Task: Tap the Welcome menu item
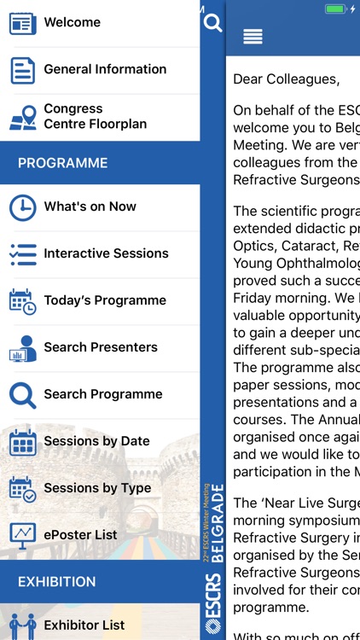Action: (72, 22)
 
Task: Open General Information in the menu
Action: (104, 69)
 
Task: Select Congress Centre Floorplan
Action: (95, 116)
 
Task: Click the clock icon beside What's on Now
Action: (23, 207)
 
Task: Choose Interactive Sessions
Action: (106, 253)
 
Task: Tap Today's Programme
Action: (104, 300)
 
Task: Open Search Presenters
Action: (100, 347)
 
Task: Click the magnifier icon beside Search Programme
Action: (23, 394)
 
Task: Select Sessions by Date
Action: (96, 441)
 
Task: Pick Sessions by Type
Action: (97, 488)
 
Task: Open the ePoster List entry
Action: (81, 535)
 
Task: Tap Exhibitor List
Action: (84, 625)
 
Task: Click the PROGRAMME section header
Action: (63, 163)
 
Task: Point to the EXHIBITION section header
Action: (56, 582)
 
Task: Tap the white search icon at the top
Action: (212, 23)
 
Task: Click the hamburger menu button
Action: (253, 36)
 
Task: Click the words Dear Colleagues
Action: (286, 79)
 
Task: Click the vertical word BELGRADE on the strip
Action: (218, 512)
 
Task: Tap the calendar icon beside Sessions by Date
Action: (23, 442)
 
